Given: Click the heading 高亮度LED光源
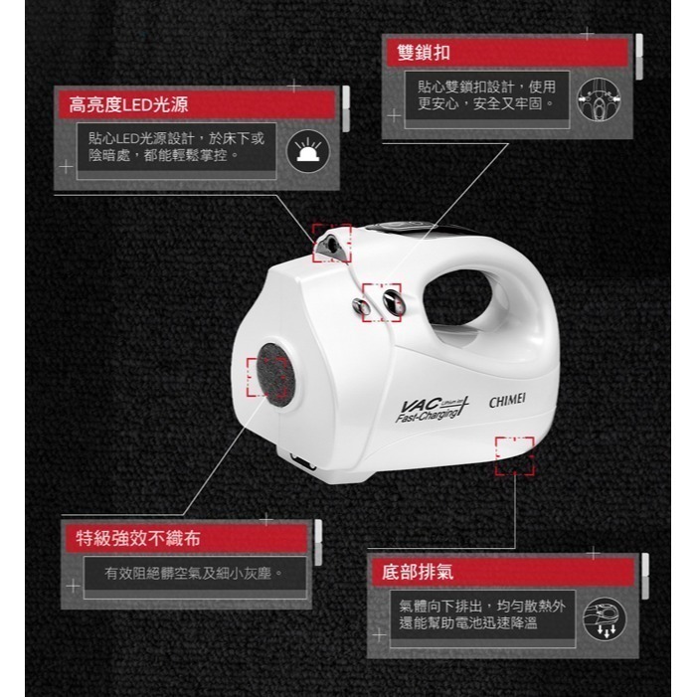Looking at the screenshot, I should (129, 104).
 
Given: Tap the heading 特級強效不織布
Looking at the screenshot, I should (138, 539).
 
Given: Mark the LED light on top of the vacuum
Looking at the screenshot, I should (332, 243).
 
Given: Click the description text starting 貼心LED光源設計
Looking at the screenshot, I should (176, 147).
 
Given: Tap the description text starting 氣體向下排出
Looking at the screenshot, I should (482, 613).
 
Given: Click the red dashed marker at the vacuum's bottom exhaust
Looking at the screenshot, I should (514, 454).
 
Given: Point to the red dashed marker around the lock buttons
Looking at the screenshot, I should (381, 301).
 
